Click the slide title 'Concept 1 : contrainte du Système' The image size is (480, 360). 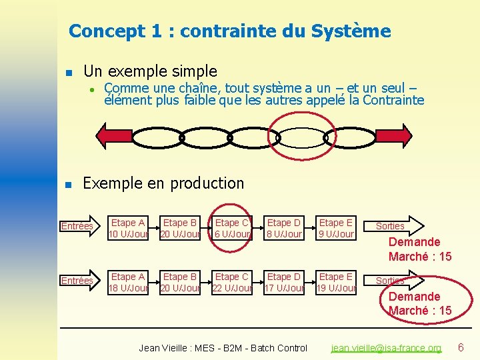click(229, 31)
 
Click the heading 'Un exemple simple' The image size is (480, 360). click(150, 71)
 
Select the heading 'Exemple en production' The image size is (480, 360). click(163, 183)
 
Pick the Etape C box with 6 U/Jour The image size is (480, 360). click(232, 228)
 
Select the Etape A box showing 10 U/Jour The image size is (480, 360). click(128, 228)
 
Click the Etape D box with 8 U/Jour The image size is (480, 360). click(284, 228)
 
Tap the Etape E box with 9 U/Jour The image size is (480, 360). click(336, 228)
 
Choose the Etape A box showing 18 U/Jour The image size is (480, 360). click(128, 282)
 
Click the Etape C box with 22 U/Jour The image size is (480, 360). click(232, 282)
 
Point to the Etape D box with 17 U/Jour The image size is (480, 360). click(284, 282)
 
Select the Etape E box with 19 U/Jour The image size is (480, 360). click(336, 282)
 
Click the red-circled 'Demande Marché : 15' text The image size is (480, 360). click(419, 303)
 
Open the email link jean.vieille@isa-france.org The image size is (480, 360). click(387, 348)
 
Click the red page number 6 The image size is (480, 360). click(461, 347)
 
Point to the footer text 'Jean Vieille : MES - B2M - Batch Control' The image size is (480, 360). click(223, 348)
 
